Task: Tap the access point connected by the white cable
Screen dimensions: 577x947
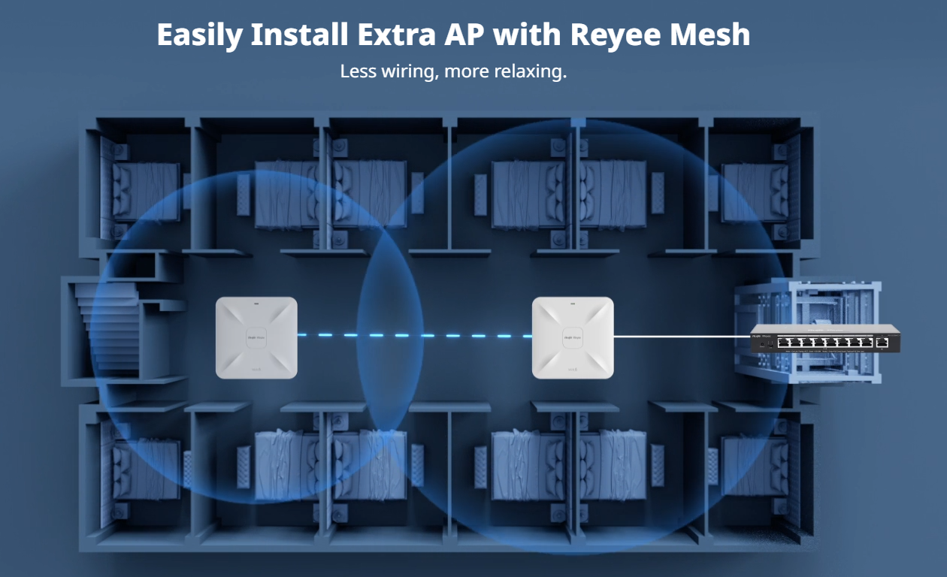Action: coord(573,337)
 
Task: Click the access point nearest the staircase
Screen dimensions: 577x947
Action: coord(256,337)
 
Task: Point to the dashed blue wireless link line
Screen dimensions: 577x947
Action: coord(414,335)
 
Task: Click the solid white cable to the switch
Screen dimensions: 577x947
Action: coord(680,336)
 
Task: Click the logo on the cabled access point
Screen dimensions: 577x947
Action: coord(573,335)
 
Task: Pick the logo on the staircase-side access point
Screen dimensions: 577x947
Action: coord(256,335)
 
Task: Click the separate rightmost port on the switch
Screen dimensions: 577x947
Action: coord(883,343)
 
